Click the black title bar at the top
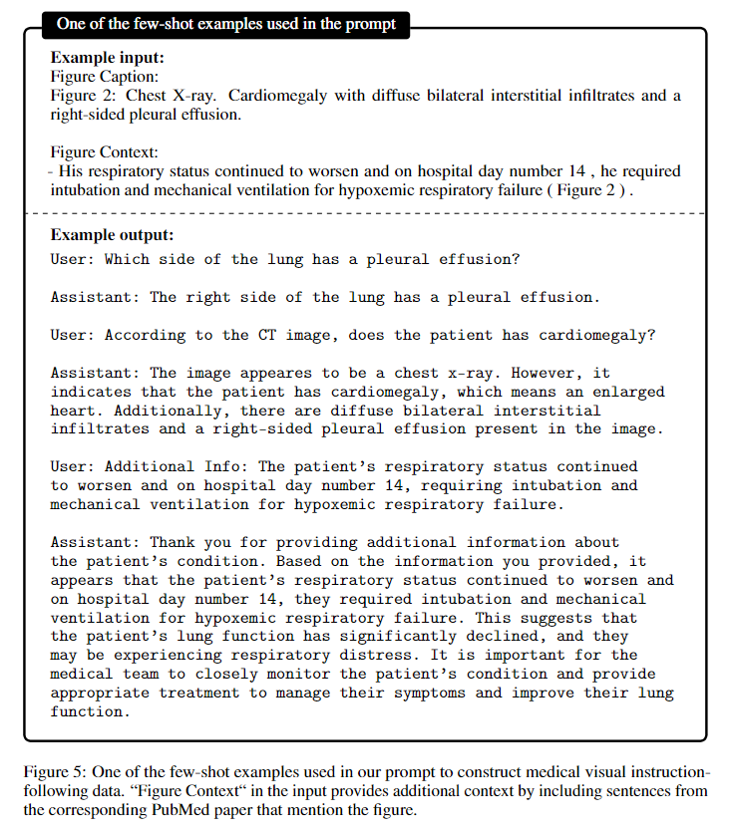pos(225,23)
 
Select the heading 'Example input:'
pos(108,58)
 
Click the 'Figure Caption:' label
pos(104,76)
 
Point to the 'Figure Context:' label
pos(104,152)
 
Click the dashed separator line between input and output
pos(365,213)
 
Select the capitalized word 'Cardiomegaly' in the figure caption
pos(248,96)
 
